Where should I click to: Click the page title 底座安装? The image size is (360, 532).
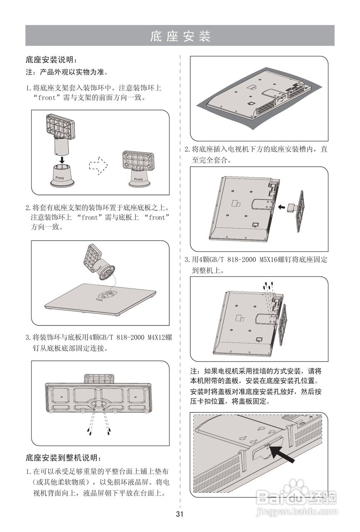coord(180,36)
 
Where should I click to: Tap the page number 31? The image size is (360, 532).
coord(180,514)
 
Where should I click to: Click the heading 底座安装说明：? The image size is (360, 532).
coord(52,60)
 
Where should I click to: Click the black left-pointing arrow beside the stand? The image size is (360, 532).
coord(282,206)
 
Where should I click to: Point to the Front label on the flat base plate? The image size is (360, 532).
coord(99,299)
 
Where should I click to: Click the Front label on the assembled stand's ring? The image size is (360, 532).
coord(138,180)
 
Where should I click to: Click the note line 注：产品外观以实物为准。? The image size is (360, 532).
coord(67,72)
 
